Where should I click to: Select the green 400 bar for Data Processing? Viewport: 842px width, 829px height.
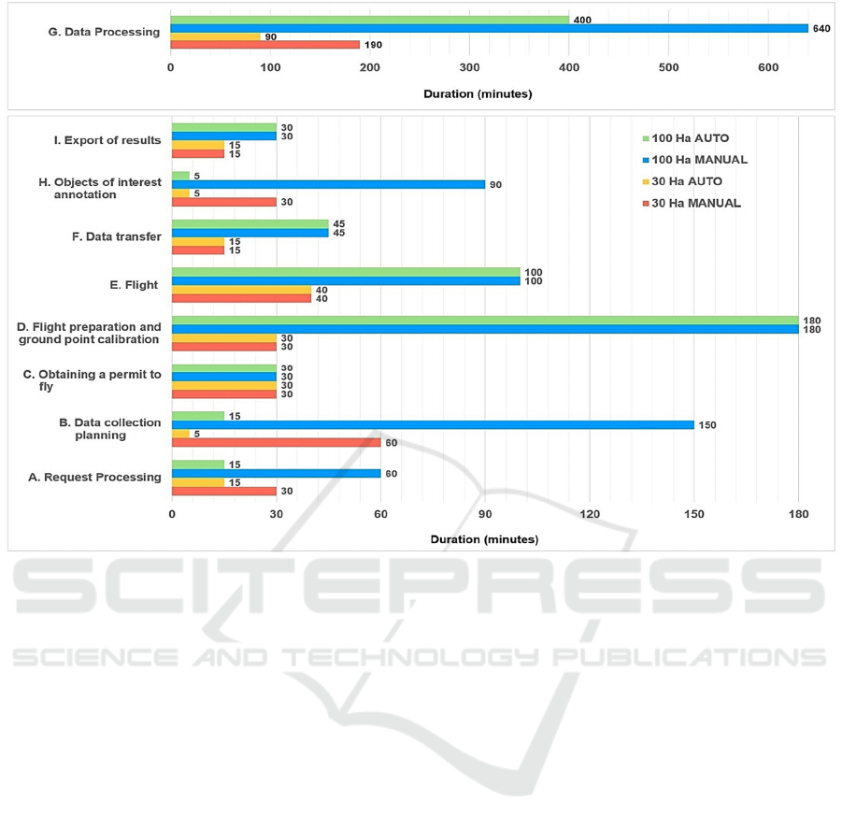[369, 20]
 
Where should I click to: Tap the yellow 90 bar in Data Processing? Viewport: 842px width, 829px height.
[215, 36]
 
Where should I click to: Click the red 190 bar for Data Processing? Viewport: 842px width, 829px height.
[264, 44]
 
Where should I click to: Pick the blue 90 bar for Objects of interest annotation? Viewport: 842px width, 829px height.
[328, 184]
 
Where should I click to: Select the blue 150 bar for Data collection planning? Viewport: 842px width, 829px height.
[433, 424]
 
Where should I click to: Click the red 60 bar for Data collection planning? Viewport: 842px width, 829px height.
[276, 442]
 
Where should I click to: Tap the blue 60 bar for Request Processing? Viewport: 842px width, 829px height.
[276, 473]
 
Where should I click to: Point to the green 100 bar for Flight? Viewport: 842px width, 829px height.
[346, 272]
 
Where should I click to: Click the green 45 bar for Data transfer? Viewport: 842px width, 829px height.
[250, 223]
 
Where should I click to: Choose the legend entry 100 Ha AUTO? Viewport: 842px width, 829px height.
[689, 138]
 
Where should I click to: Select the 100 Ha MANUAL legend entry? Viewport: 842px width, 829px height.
[694, 160]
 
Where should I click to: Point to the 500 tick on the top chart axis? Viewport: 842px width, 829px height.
[668, 68]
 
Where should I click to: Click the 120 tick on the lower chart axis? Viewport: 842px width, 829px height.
[589, 515]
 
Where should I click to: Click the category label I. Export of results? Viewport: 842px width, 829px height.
[107, 141]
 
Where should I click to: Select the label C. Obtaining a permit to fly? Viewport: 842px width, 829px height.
[92, 380]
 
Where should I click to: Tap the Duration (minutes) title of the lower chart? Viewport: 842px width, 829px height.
[484, 539]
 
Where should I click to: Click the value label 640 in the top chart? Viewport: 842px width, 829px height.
[821, 28]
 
